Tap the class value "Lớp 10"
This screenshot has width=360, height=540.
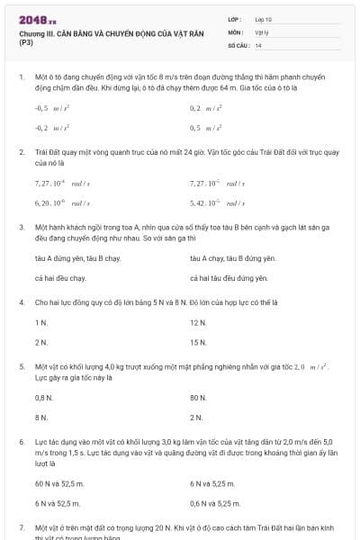(x=264, y=19)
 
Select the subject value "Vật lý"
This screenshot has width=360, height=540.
(x=262, y=31)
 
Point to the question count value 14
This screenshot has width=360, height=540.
(x=258, y=44)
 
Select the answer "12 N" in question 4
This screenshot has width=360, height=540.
(x=198, y=321)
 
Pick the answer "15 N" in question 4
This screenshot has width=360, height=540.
(x=198, y=342)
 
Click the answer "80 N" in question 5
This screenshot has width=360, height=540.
(x=198, y=397)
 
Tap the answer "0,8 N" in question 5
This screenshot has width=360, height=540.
(x=43, y=397)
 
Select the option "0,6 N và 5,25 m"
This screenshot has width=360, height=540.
(x=216, y=504)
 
